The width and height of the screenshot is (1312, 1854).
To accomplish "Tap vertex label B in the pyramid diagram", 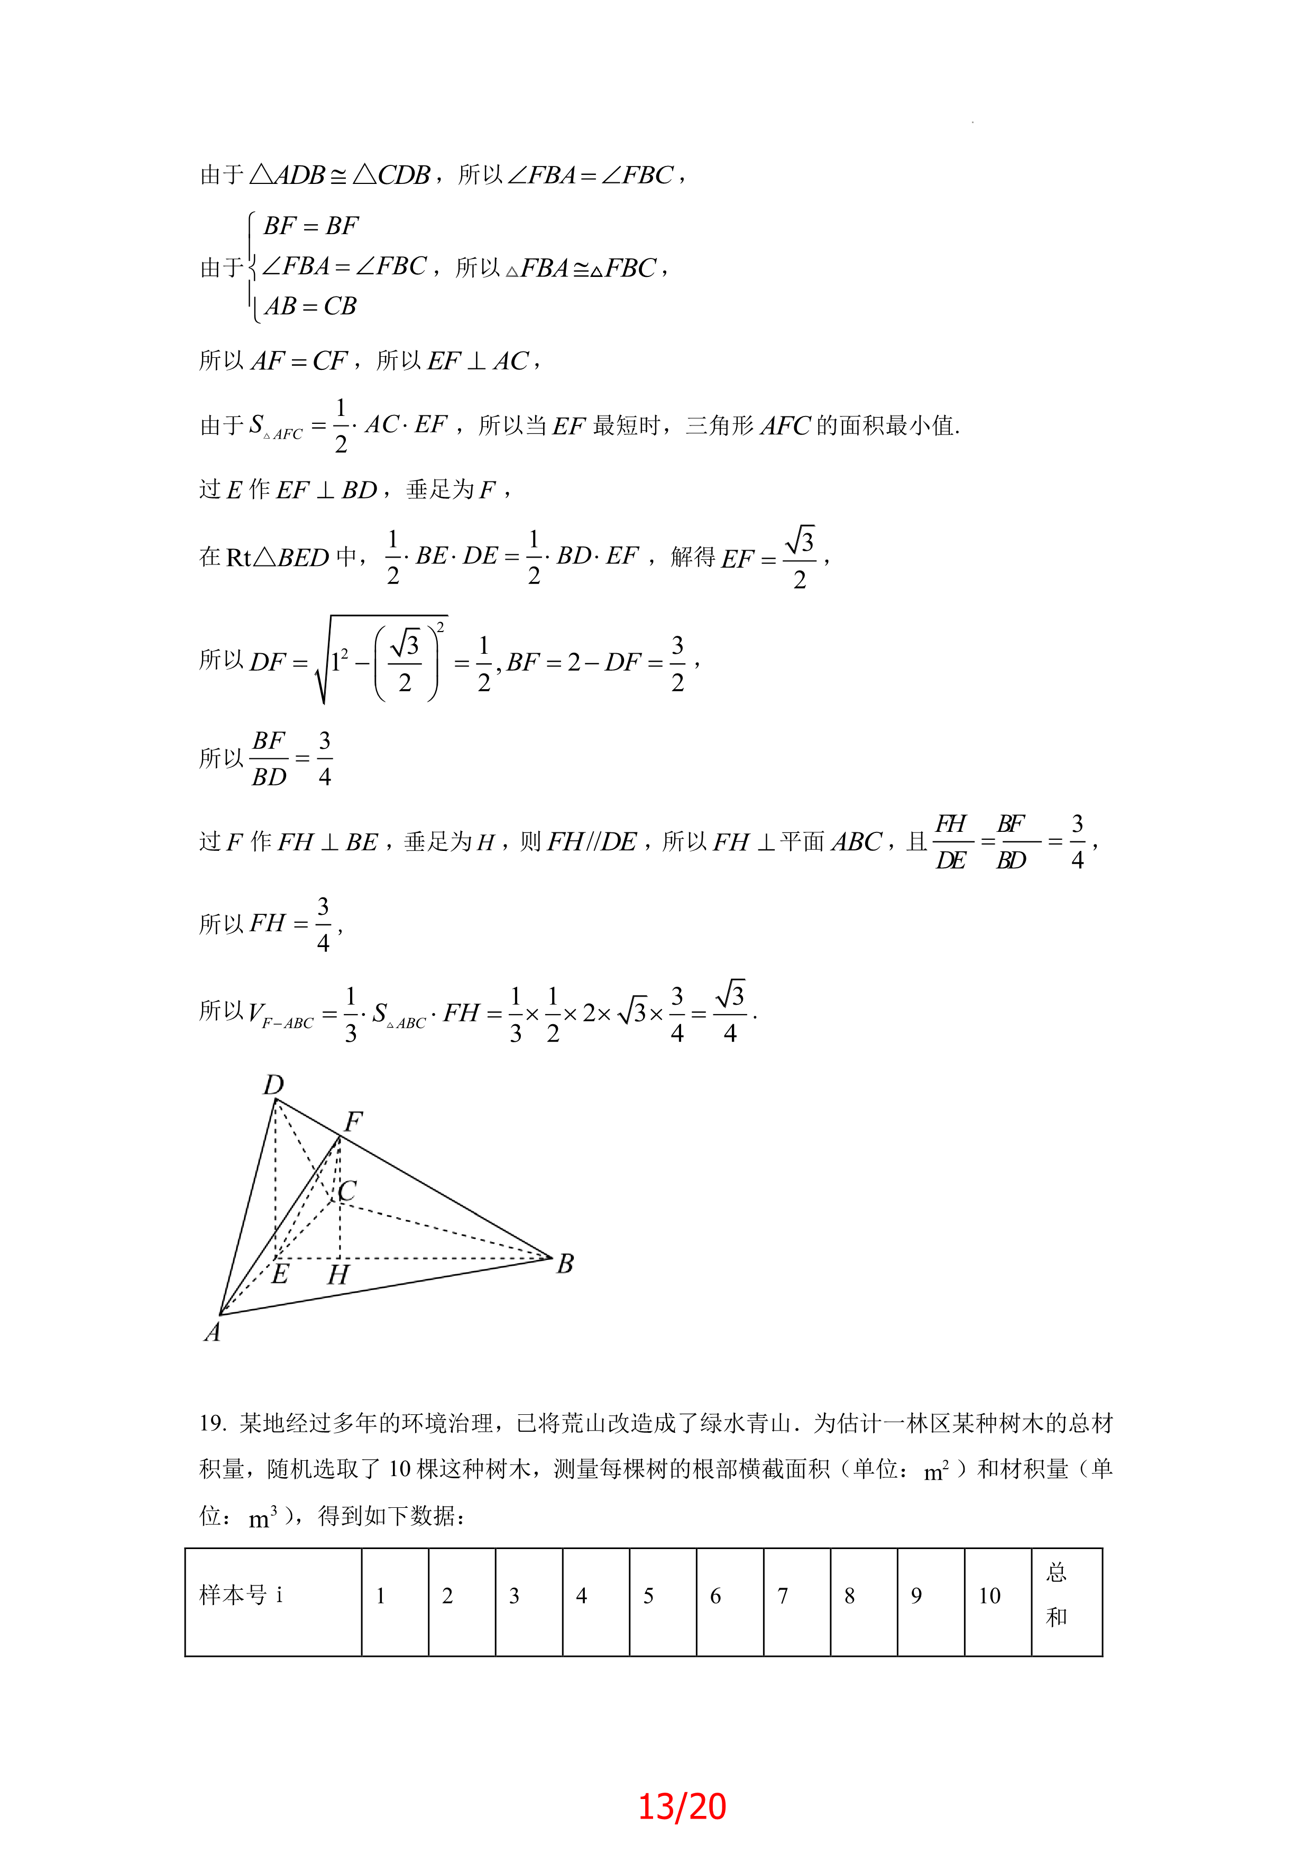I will [x=565, y=1264].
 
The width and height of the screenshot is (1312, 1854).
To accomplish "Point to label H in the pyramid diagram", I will [x=338, y=1275].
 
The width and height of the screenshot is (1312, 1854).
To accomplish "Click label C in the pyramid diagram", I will [x=348, y=1190].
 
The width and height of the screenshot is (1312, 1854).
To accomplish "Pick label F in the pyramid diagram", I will [x=353, y=1121].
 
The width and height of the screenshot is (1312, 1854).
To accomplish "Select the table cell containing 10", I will [x=989, y=1596].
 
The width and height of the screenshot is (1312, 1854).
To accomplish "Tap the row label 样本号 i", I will [x=241, y=1595].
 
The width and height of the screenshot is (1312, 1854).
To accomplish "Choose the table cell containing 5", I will [x=649, y=1596].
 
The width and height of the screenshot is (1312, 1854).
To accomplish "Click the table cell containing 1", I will [x=381, y=1596].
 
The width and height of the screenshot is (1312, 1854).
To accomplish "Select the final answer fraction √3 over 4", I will [x=730, y=1013].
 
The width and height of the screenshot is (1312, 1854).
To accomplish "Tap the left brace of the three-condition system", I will [x=252, y=266].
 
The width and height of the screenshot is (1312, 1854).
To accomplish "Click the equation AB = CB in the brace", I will [x=310, y=306].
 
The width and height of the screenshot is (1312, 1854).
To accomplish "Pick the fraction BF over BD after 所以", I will [x=269, y=759].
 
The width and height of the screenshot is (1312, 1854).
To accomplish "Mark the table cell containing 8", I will [x=849, y=1596].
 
